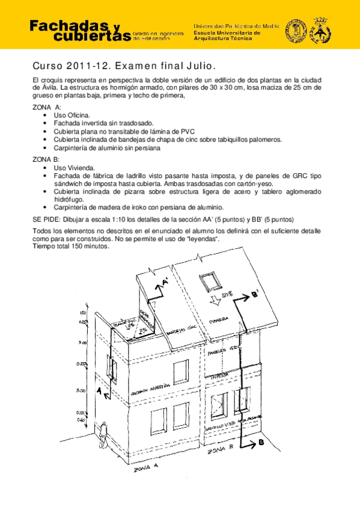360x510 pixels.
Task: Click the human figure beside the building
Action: [104, 432]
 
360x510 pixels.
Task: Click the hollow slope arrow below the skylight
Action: [212, 302]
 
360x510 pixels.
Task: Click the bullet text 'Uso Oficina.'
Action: [72, 114]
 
